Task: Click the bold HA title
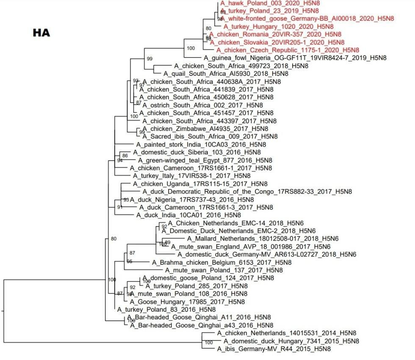pyautogui.click(x=41, y=32)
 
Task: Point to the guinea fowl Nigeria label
pyautogui.click(x=290, y=58)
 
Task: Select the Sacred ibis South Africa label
pyautogui.click(x=210, y=136)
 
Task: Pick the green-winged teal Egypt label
pyautogui.click(x=205, y=161)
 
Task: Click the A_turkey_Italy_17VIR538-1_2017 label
pyautogui.click(x=191, y=176)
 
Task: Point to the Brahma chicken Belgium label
pyautogui.click(x=221, y=263)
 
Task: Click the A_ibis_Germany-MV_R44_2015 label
pyautogui.click(x=274, y=349)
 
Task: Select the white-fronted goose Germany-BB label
pyautogui.click(x=307, y=19)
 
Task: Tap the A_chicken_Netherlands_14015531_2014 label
pyautogui.click(x=286, y=333)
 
